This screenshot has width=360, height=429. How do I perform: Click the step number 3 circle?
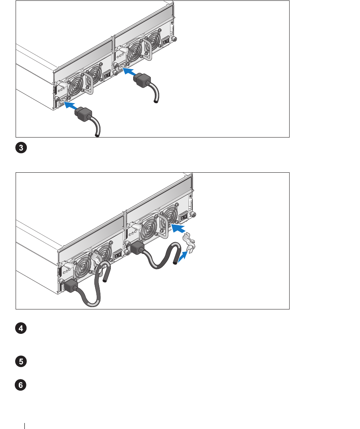tap(21, 148)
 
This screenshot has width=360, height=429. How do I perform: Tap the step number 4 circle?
tap(21, 328)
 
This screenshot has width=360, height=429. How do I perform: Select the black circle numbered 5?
tap(21, 361)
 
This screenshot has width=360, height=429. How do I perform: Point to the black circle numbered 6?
tap(21, 385)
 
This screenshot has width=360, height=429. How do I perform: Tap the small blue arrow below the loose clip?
tap(183, 257)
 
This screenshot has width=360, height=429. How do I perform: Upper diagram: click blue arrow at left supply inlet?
tap(70, 106)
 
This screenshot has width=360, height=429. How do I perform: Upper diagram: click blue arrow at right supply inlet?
tap(130, 72)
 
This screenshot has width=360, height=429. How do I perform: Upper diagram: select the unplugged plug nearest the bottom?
tap(83, 113)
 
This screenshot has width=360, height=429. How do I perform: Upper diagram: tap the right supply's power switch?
tap(165, 42)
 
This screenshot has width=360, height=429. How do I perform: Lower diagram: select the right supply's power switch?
tap(183, 217)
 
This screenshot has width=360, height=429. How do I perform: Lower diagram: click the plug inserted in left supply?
tap(71, 286)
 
